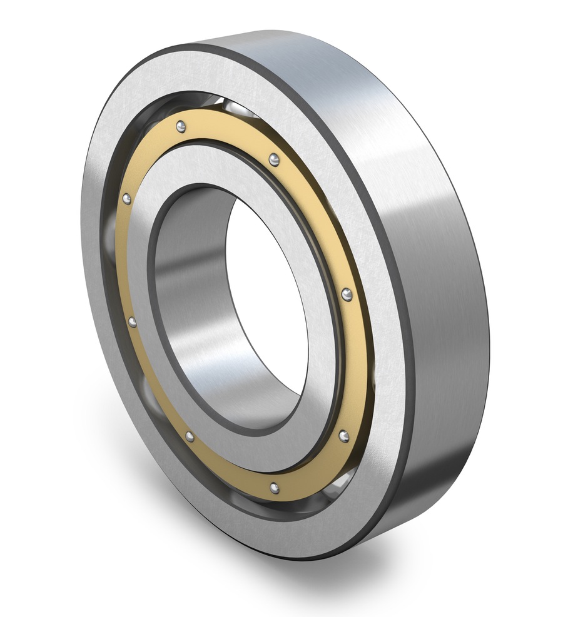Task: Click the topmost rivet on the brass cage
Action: click(x=181, y=126)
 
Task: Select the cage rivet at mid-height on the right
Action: click(x=347, y=294)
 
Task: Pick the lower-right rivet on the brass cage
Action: click(x=343, y=435)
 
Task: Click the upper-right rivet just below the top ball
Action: click(x=274, y=160)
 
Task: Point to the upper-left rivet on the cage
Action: click(x=126, y=199)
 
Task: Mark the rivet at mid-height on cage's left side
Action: click(x=132, y=322)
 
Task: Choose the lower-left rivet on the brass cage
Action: click(x=190, y=436)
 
